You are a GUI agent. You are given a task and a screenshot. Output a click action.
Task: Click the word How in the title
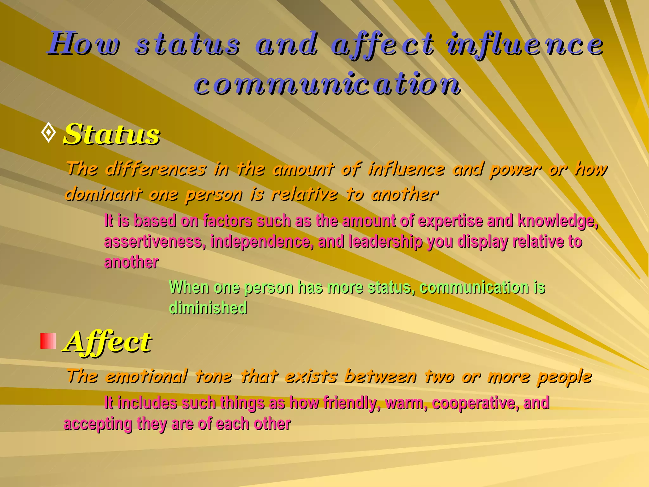tap(84, 44)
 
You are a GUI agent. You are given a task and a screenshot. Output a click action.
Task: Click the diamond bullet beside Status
tap(48, 133)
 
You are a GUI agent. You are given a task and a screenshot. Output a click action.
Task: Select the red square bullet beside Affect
tap(48, 341)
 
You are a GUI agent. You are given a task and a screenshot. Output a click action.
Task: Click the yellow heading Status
tap(112, 134)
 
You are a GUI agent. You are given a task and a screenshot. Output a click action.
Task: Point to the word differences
tap(155, 169)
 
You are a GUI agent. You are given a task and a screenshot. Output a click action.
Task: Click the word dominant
tap(103, 194)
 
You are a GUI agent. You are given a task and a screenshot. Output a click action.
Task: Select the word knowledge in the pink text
tap(557, 221)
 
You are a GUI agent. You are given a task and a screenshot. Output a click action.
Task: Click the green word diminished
tap(208, 308)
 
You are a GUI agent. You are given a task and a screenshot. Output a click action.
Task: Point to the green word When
tap(189, 287)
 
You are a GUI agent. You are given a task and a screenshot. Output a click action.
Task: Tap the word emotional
tap(146, 377)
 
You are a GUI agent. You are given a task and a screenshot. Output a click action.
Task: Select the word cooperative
tap(475, 403)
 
